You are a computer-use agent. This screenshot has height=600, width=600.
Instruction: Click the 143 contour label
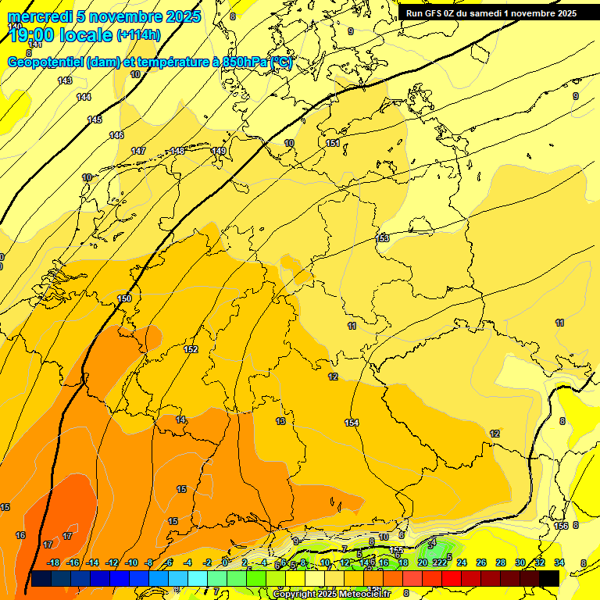tap(65, 80)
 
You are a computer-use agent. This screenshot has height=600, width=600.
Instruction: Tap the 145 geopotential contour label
tap(95, 120)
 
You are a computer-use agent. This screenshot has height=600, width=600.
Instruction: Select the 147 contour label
tap(138, 151)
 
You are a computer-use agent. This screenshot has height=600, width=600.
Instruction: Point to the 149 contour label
tap(219, 151)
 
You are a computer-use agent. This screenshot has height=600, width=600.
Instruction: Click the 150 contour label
tap(124, 299)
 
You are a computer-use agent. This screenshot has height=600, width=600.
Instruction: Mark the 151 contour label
tap(333, 143)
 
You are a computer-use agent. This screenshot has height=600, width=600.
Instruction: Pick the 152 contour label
tap(191, 349)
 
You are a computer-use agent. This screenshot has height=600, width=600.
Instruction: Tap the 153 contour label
tap(383, 238)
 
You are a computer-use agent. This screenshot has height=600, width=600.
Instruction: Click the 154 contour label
tap(352, 423)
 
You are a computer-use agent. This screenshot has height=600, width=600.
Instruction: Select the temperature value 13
tap(280, 422)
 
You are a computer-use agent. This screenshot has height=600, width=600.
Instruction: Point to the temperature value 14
tap(180, 420)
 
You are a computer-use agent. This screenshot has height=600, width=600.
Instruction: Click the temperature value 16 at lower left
tap(20, 535)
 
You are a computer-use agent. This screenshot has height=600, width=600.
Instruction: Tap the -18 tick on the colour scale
tap(54, 562)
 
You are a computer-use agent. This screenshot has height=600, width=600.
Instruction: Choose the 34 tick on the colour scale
tap(559, 562)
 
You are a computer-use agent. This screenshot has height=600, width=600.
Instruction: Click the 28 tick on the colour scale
tap(500, 562)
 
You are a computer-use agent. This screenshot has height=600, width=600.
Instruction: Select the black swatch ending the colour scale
tap(549, 578)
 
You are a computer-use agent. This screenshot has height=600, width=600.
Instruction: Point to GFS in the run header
tap(437, 13)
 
